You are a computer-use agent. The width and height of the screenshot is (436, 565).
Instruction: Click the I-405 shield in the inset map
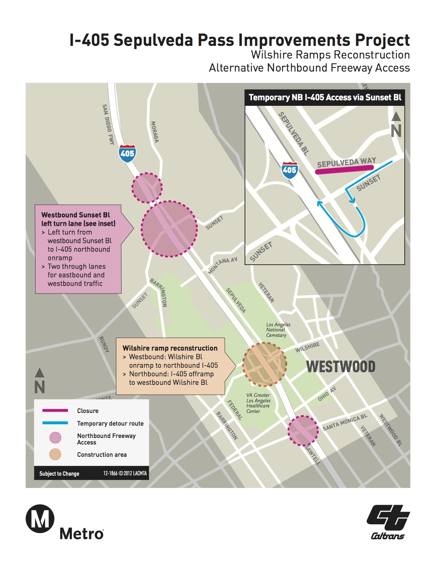coord(289,170)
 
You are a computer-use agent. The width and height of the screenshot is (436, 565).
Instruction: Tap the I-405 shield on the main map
coord(127,153)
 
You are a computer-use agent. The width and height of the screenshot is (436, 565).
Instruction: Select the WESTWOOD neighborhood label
coord(341,367)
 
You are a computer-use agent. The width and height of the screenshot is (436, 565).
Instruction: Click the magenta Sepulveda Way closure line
coord(344,169)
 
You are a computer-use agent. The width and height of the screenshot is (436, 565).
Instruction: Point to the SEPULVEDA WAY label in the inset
coord(346,162)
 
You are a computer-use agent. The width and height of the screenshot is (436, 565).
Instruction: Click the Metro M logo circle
coord(40,518)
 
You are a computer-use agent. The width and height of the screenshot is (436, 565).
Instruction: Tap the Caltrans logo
coord(388,522)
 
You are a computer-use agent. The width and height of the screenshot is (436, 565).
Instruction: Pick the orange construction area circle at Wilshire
coord(264,364)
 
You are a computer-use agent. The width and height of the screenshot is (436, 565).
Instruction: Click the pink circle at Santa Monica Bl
coord(303,430)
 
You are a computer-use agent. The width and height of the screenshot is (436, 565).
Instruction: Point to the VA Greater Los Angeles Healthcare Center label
coord(258,403)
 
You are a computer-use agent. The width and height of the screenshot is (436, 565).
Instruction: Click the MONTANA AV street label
coord(223,266)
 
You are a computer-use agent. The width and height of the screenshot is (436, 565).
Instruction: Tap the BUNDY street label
coord(104,344)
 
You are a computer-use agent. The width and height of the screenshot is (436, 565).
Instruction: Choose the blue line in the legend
coord(55,423)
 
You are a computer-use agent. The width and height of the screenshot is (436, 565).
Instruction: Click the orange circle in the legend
coord(55,454)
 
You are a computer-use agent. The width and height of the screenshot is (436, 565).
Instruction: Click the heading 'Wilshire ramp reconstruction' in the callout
coord(170,348)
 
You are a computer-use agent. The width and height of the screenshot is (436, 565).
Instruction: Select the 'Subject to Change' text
coord(59,474)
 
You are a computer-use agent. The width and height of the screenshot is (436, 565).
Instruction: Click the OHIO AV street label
coord(327,394)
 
